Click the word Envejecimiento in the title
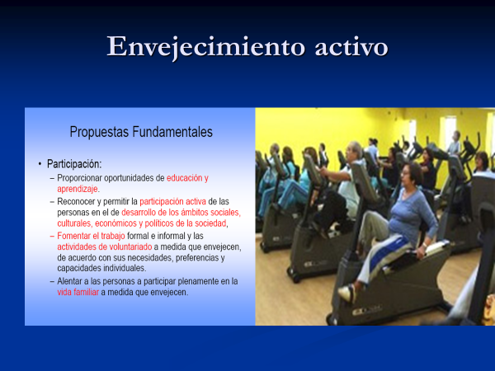[206, 47]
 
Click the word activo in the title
[351, 47]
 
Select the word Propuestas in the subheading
[99, 132]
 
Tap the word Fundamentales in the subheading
[172, 132]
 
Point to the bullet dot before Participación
[40, 164]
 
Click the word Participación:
[74, 164]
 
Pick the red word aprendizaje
[78, 189]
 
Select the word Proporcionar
[79, 178]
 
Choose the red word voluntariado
[132, 247]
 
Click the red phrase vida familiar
[78, 292]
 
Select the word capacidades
[78, 269]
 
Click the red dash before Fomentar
[52, 236]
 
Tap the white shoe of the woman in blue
[347, 293]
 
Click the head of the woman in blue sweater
[410, 174]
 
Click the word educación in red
[185, 178]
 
